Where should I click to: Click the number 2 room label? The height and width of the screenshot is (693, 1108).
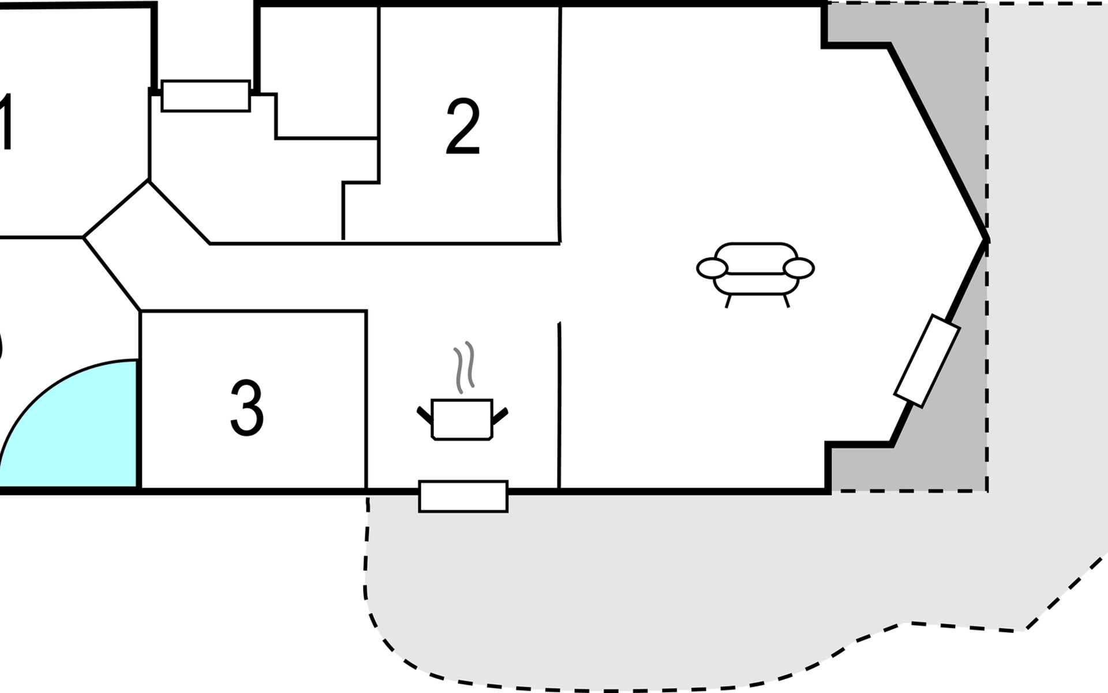[x=463, y=126]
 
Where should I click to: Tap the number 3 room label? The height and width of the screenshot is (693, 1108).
[x=247, y=408]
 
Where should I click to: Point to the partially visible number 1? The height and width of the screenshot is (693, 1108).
[x=6, y=121]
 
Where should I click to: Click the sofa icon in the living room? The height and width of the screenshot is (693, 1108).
[x=755, y=274]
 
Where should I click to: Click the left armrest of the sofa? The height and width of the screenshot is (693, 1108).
[x=712, y=268]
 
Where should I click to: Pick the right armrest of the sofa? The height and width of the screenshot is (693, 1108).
[x=799, y=268]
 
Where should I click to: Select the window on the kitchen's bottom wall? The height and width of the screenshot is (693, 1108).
[x=463, y=497]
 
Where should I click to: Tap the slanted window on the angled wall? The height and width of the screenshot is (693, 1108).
[x=927, y=361]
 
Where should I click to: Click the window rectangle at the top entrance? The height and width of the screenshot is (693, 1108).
[x=205, y=96]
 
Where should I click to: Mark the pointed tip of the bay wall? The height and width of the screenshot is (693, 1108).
[x=987, y=239]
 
